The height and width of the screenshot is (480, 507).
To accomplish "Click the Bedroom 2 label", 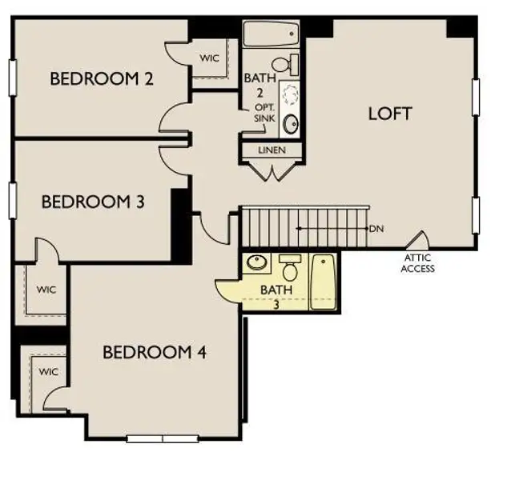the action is (x=102, y=79).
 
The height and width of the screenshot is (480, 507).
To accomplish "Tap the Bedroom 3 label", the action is (x=93, y=202).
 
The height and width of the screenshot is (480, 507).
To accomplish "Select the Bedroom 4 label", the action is (x=155, y=352).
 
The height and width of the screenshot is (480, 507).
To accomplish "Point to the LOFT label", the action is (x=390, y=114).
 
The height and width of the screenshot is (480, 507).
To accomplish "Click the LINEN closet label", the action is (x=272, y=150).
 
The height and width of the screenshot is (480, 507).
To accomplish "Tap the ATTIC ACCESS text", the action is (x=418, y=263).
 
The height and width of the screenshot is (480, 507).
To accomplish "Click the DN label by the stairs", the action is (x=376, y=229).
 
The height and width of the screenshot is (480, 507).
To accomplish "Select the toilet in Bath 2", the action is (x=285, y=65).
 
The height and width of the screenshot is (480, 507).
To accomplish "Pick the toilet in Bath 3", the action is (x=290, y=267).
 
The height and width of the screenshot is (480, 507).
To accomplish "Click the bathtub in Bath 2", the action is (x=271, y=34).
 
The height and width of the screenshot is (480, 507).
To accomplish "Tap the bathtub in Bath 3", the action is (x=323, y=282).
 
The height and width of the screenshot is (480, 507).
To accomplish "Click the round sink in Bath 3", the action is (x=257, y=262).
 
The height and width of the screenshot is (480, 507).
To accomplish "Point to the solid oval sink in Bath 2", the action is (x=291, y=124).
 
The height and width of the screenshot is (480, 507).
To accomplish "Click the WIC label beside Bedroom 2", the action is (x=209, y=58).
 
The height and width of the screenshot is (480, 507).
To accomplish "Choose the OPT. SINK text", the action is (x=264, y=113).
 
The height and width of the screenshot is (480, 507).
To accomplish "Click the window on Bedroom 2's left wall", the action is (x=12, y=78).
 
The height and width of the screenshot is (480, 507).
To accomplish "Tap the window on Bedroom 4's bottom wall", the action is (x=163, y=439).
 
